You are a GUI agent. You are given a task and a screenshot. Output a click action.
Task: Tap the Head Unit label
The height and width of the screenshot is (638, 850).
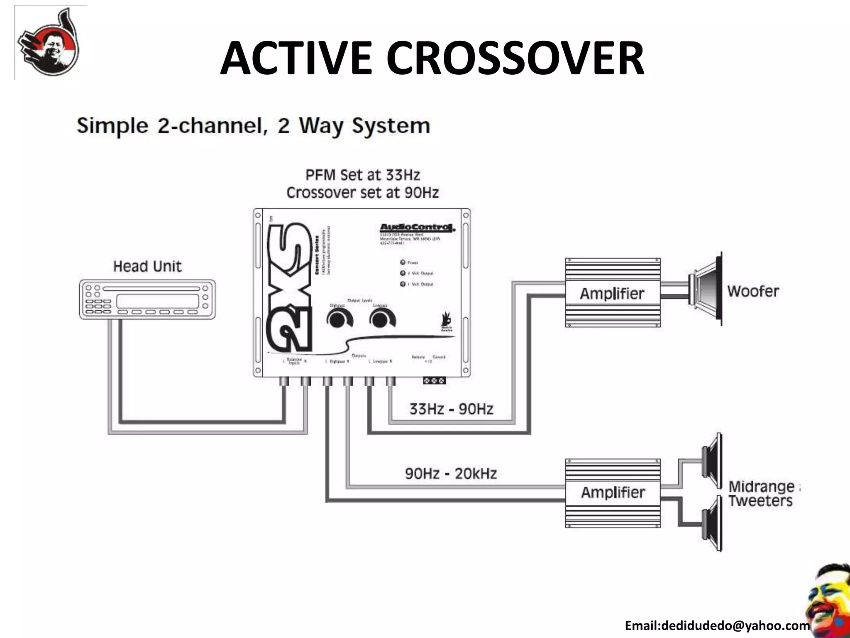click(147, 266)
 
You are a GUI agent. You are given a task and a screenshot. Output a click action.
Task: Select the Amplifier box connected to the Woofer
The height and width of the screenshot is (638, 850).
click(612, 293)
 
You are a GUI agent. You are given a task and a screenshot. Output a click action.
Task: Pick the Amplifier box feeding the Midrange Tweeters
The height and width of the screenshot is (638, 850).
click(613, 493)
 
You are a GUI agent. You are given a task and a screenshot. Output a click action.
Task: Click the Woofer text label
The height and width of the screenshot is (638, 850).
click(753, 291)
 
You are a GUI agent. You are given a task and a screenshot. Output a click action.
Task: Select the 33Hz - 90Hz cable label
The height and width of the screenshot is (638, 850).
click(451, 409)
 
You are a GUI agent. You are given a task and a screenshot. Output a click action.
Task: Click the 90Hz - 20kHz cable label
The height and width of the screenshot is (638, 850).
click(451, 474)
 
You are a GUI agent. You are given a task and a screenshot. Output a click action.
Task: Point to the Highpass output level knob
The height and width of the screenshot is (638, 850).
click(339, 320)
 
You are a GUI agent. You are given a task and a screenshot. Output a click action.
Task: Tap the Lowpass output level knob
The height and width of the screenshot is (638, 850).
click(382, 320)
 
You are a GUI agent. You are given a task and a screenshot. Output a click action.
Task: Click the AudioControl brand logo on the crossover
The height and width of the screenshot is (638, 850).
click(417, 228)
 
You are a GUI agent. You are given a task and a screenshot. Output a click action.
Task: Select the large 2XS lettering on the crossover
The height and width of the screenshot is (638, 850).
click(289, 287)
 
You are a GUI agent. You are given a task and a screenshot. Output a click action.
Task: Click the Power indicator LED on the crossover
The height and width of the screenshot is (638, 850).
click(403, 263)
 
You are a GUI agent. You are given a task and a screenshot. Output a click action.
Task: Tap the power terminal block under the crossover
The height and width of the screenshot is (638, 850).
click(434, 380)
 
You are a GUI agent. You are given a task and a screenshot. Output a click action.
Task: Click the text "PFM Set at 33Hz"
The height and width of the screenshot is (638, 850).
click(363, 175)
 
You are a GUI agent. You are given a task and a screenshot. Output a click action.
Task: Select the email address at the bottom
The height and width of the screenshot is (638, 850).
click(717, 626)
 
